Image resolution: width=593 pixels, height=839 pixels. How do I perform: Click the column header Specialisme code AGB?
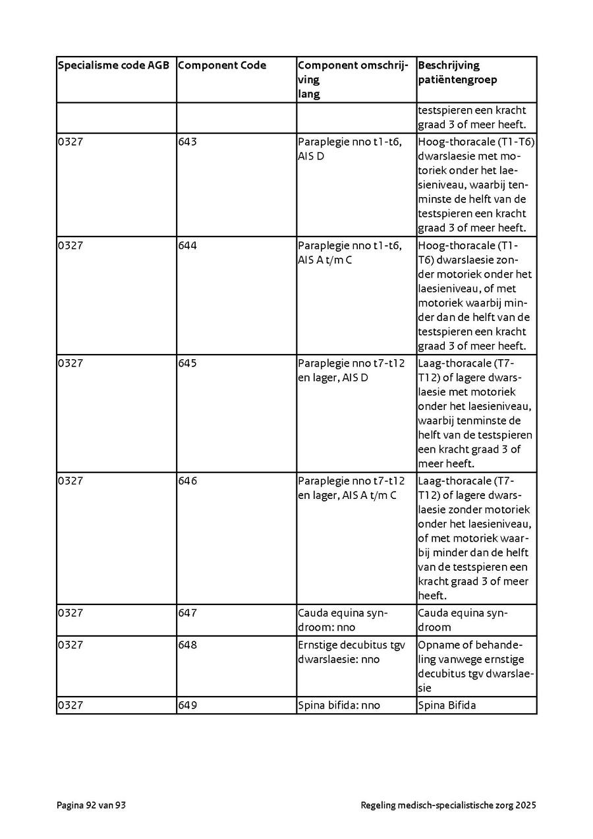click(113, 65)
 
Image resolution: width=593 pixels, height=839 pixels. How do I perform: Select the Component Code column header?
click(222, 65)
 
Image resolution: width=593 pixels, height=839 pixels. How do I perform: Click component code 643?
click(188, 142)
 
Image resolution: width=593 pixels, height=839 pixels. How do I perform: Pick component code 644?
click(188, 246)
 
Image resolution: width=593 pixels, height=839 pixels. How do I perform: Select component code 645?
click(188, 363)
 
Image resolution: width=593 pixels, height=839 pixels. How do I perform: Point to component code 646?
click(188, 481)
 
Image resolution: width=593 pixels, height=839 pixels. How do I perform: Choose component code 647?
click(188, 613)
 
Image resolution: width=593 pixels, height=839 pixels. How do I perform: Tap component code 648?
click(188, 645)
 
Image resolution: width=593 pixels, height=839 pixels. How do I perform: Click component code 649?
click(188, 705)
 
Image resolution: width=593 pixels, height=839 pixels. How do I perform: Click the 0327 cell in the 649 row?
click(71, 705)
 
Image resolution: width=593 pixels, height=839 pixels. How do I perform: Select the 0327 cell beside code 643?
click(71, 142)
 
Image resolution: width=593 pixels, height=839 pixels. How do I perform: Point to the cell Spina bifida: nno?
click(339, 705)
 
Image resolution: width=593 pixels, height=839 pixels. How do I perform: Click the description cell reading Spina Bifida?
click(447, 705)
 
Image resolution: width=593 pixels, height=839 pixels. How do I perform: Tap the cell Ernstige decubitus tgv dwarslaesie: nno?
click(351, 652)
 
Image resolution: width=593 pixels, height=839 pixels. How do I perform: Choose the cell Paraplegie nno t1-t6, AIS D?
click(349, 149)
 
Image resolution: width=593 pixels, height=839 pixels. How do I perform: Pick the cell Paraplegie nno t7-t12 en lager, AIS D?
click(351, 370)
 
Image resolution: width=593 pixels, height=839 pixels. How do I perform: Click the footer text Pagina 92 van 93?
click(91, 805)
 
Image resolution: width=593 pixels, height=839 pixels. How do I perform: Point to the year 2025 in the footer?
click(526, 805)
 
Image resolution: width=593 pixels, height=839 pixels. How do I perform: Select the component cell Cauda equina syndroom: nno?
click(343, 620)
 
